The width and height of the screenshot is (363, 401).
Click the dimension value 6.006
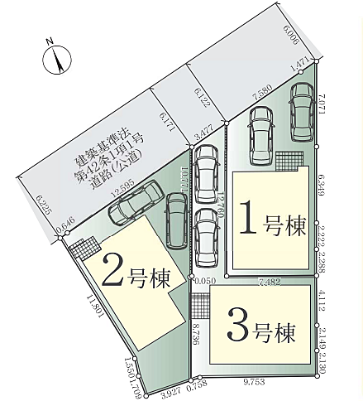click(290, 36)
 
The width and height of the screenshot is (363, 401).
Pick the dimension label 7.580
click(262, 96)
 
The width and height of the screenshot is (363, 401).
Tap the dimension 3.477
click(203, 130)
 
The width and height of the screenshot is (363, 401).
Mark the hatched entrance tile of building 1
click(289, 159)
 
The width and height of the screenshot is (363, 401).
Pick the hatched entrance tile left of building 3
click(198, 305)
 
